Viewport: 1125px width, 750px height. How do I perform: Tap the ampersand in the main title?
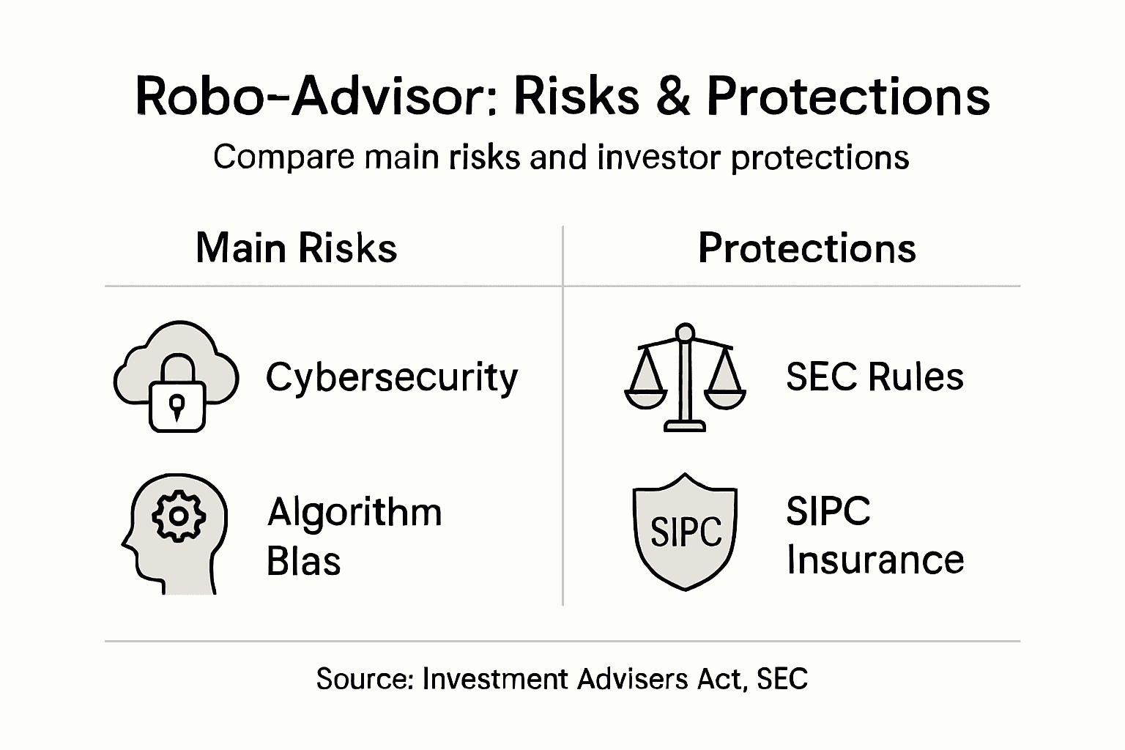click(x=672, y=97)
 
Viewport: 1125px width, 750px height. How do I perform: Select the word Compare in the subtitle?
click(x=283, y=157)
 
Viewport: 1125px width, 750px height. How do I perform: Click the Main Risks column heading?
click(x=296, y=248)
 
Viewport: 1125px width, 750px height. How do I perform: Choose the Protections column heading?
click(x=806, y=248)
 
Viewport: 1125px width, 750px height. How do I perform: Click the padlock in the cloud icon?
click(x=177, y=396)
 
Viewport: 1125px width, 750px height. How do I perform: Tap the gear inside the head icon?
click(x=178, y=516)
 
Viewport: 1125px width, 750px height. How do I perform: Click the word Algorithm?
click(x=354, y=512)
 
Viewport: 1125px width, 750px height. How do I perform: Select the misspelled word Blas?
click(x=303, y=562)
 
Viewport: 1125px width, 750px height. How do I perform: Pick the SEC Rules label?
click(x=875, y=378)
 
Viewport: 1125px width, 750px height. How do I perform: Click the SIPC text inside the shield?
click(x=686, y=532)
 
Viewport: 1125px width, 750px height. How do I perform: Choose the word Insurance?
click(x=875, y=560)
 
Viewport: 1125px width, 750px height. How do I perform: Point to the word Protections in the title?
click(x=847, y=97)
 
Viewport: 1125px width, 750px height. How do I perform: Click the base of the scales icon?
click(x=685, y=426)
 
